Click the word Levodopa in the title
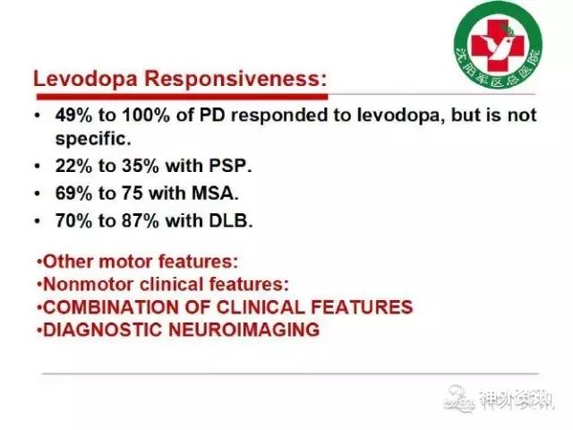point(85,79)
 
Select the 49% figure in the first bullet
point(73,115)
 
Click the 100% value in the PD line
point(146,115)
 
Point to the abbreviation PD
point(212,115)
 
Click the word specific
point(93,139)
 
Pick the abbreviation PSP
point(230,166)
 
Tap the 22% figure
point(73,166)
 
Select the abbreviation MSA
point(215,193)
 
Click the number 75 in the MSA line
point(132,193)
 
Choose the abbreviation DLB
point(230,221)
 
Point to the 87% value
point(141,221)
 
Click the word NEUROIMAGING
point(244,330)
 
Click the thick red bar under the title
point(182,97)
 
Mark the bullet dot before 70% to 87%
point(37,221)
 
